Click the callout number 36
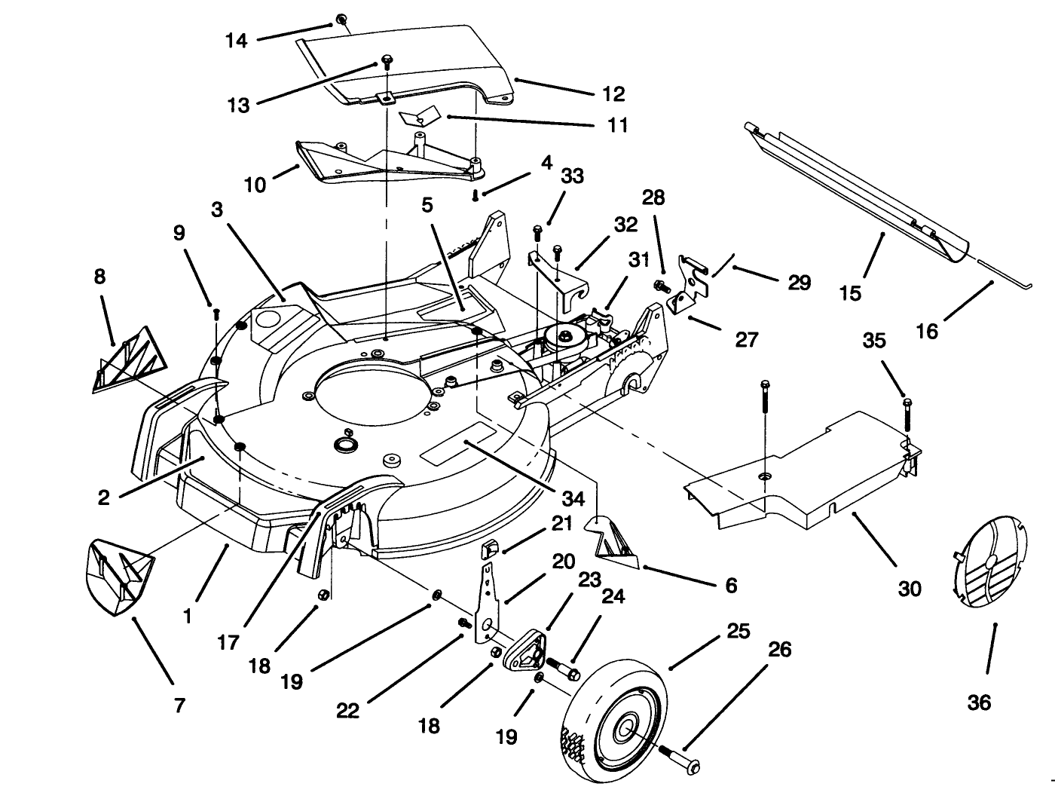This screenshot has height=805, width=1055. (x=979, y=702)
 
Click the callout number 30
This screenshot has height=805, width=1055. (x=910, y=588)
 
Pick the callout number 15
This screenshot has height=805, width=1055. (x=850, y=292)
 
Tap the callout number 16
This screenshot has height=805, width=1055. (x=927, y=330)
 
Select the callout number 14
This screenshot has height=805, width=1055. (x=237, y=40)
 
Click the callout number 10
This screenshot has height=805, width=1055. (x=255, y=184)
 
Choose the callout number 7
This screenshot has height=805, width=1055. (x=179, y=706)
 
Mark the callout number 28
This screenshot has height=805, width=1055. (x=653, y=197)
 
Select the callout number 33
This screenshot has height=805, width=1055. (x=573, y=176)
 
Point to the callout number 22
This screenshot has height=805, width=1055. (x=347, y=710)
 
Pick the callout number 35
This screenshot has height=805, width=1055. (x=874, y=341)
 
